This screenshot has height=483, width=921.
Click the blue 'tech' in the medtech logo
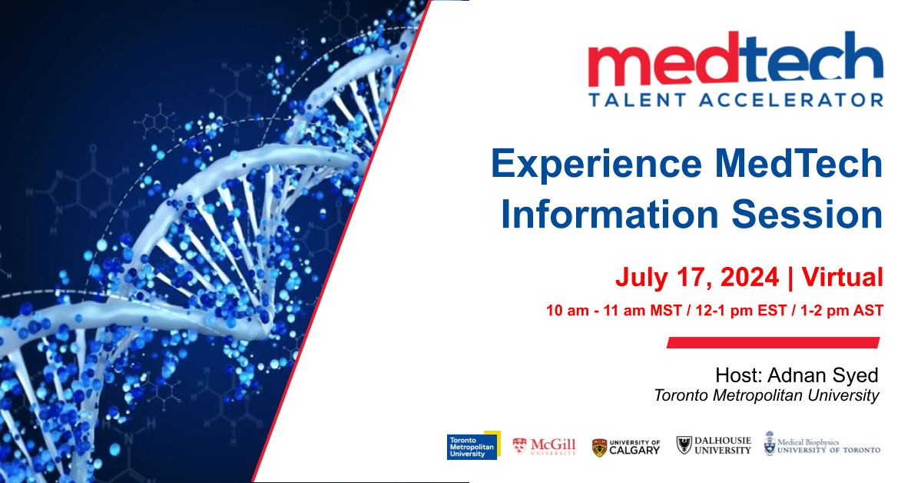point(812,58)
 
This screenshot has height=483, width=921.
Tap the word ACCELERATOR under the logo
point(791,100)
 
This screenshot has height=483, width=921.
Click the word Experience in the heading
point(596,165)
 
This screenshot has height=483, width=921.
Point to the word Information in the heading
point(610,214)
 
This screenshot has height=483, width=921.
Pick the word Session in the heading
point(807,214)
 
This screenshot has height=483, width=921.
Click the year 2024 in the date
point(750,277)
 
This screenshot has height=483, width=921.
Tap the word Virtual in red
point(843,277)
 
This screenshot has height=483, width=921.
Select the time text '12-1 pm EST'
point(740,311)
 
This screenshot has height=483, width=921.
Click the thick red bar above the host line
point(773,342)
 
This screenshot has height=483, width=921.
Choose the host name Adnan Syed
point(823,375)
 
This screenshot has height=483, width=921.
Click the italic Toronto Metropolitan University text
point(767,396)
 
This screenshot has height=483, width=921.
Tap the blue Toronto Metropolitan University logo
point(473,446)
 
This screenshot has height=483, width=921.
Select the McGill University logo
point(544,447)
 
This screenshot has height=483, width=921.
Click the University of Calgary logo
point(626,448)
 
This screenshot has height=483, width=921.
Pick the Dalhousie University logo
point(714,445)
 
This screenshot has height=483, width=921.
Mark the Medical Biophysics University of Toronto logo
point(822,444)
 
